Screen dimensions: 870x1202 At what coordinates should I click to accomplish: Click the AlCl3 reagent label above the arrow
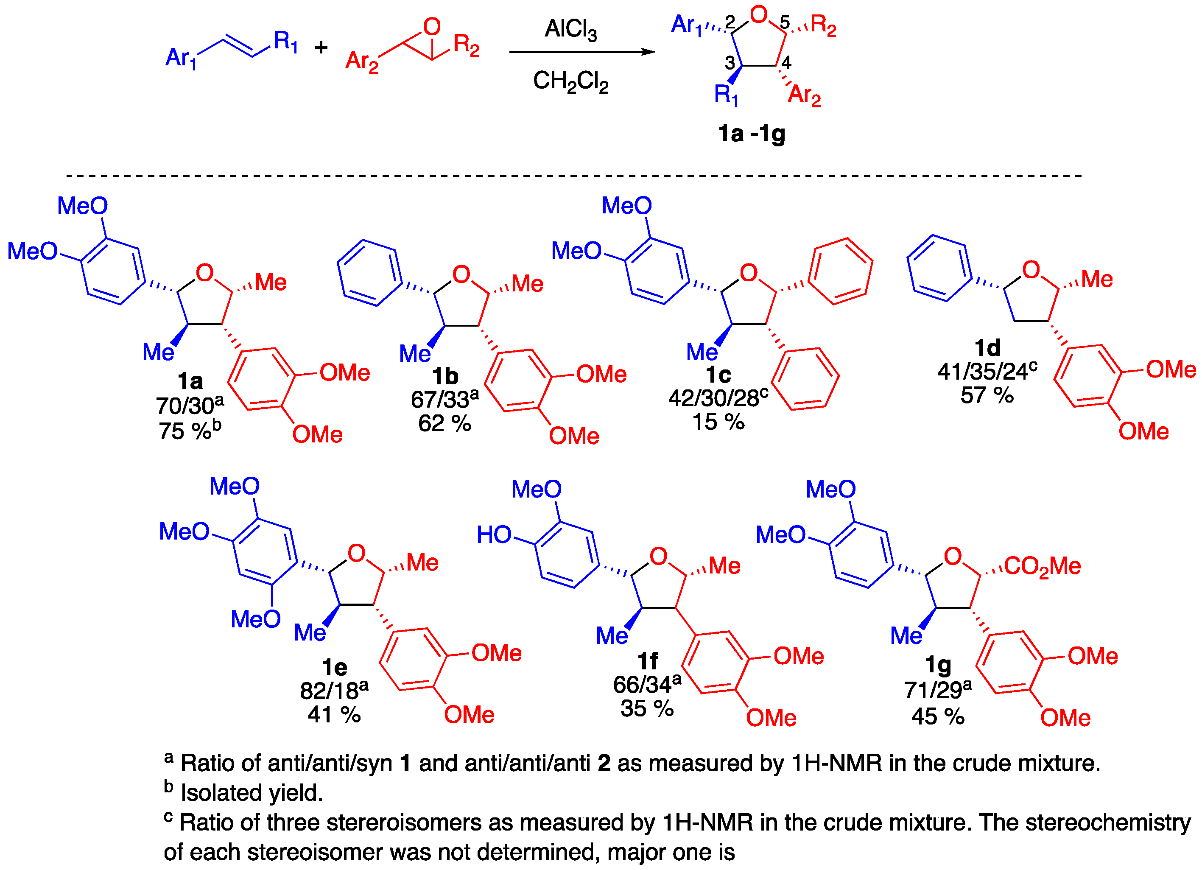(x=570, y=29)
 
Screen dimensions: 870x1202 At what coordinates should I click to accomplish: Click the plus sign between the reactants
(x=321, y=48)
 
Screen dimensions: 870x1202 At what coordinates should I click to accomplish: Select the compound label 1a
(x=190, y=380)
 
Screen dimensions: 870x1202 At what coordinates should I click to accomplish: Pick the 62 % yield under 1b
(x=444, y=423)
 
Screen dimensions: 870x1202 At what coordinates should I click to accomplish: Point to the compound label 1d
(x=987, y=348)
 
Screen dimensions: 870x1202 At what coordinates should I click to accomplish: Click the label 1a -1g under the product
(x=752, y=134)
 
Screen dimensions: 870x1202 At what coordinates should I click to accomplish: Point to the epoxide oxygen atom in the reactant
(x=432, y=26)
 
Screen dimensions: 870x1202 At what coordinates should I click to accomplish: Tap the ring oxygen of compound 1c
(x=748, y=273)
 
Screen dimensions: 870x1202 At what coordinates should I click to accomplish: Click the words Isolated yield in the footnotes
(x=252, y=793)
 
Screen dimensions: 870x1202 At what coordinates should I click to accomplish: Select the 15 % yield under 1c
(x=718, y=422)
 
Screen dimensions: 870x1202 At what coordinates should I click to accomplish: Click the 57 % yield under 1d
(x=987, y=395)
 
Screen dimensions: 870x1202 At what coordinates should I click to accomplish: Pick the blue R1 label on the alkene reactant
(x=285, y=41)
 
